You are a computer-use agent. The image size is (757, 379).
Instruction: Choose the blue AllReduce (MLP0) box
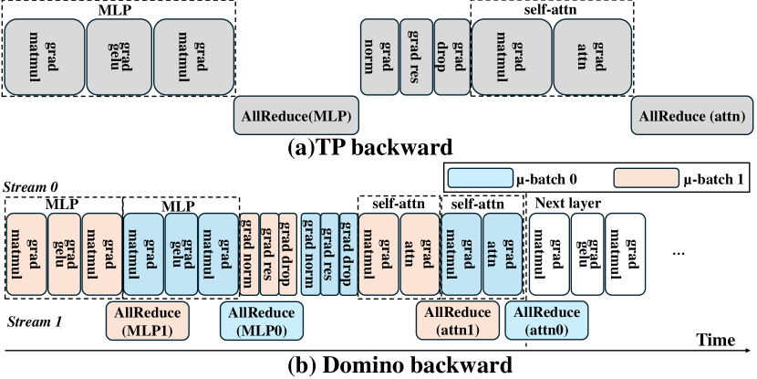pos(263,321)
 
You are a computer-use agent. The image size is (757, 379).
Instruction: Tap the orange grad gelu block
pos(63,255)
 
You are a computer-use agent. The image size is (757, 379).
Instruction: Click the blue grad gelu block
pos(180,255)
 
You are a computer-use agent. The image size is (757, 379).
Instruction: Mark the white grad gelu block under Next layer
pos(583,255)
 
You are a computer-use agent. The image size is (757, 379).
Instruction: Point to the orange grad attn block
pos(420,255)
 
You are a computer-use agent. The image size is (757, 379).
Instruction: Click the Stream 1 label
pos(34,321)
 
